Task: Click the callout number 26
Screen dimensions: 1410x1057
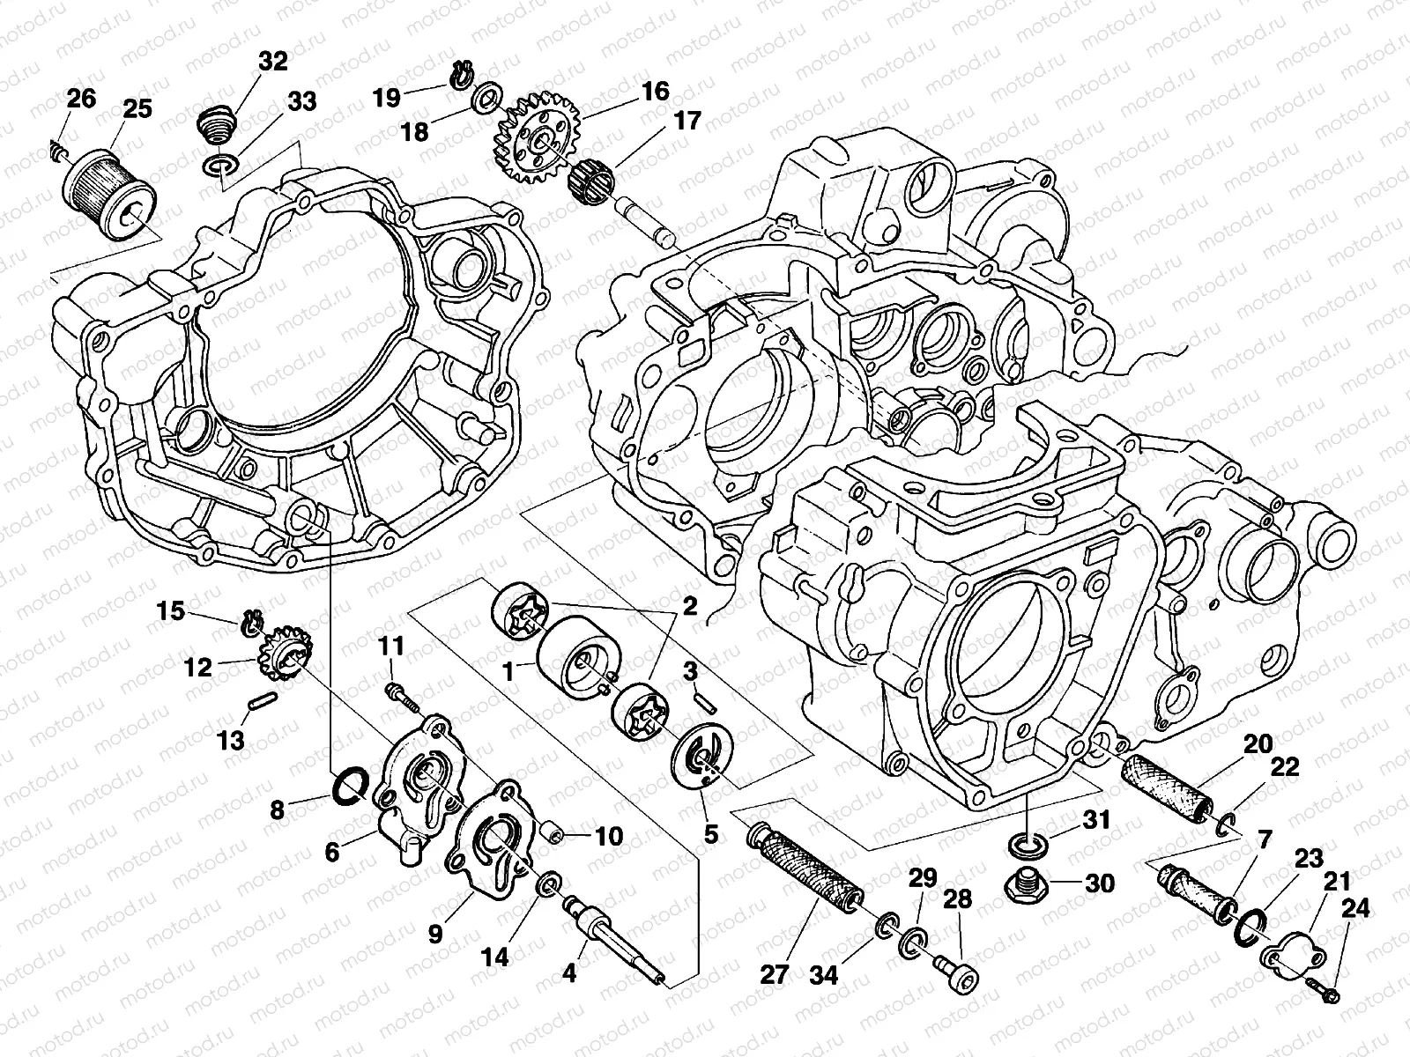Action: (80, 98)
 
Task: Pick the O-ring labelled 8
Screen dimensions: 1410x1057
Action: (352, 785)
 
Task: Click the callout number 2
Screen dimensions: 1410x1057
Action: (689, 606)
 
